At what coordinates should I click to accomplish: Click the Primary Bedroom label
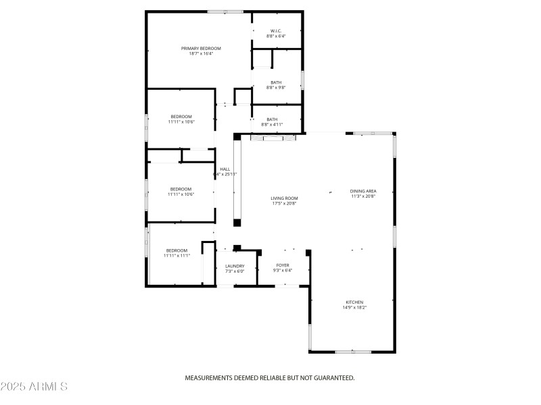(x=201, y=48)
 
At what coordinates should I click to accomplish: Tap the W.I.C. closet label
(x=275, y=30)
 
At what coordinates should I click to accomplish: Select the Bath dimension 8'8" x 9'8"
(x=276, y=87)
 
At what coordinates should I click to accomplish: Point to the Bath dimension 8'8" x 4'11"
(x=272, y=124)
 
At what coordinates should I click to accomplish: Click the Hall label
(x=225, y=169)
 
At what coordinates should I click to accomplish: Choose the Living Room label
(x=284, y=198)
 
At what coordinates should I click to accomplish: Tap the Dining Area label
(x=363, y=191)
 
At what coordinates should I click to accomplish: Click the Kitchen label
(x=354, y=302)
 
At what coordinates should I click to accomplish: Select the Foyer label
(x=283, y=265)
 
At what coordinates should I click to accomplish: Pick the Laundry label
(x=235, y=266)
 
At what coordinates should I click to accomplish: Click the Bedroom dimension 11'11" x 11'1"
(x=177, y=256)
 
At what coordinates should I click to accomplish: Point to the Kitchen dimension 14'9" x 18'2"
(x=354, y=307)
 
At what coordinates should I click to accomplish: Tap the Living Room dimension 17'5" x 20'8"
(x=284, y=203)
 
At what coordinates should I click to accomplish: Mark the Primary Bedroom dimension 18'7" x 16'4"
(x=201, y=53)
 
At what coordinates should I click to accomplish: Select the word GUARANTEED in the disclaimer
(x=331, y=378)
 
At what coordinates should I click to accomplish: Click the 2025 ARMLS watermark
(x=34, y=387)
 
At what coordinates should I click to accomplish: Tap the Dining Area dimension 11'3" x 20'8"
(x=363, y=196)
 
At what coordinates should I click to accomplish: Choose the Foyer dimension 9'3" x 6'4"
(x=283, y=271)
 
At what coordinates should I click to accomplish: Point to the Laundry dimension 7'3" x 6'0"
(x=235, y=271)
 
